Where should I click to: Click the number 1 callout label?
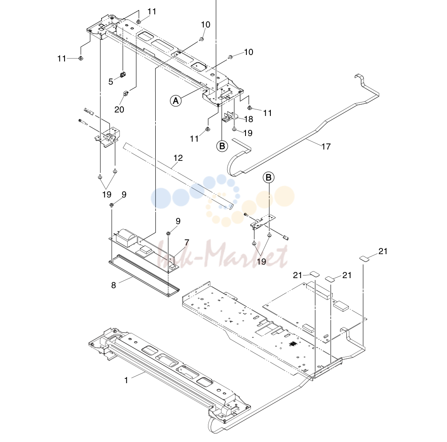click(126, 380)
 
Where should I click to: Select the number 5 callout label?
click(111, 82)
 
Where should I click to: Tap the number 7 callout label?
click(187, 242)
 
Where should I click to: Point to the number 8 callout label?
click(113, 285)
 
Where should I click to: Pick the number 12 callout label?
click(178, 158)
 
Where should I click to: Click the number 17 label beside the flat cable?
click(326, 146)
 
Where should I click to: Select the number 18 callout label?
click(249, 119)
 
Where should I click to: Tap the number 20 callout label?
click(119, 109)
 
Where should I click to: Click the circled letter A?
click(176, 101)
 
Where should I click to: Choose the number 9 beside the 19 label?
click(124, 194)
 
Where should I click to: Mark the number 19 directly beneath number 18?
click(248, 133)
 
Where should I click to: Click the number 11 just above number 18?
click(267, 113)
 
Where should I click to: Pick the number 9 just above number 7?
click(178, 221)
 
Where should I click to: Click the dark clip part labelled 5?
click(123, 75)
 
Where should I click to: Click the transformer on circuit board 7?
click(127, 237)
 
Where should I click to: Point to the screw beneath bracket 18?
click(234, 129)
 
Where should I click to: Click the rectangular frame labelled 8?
click(144, 275)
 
